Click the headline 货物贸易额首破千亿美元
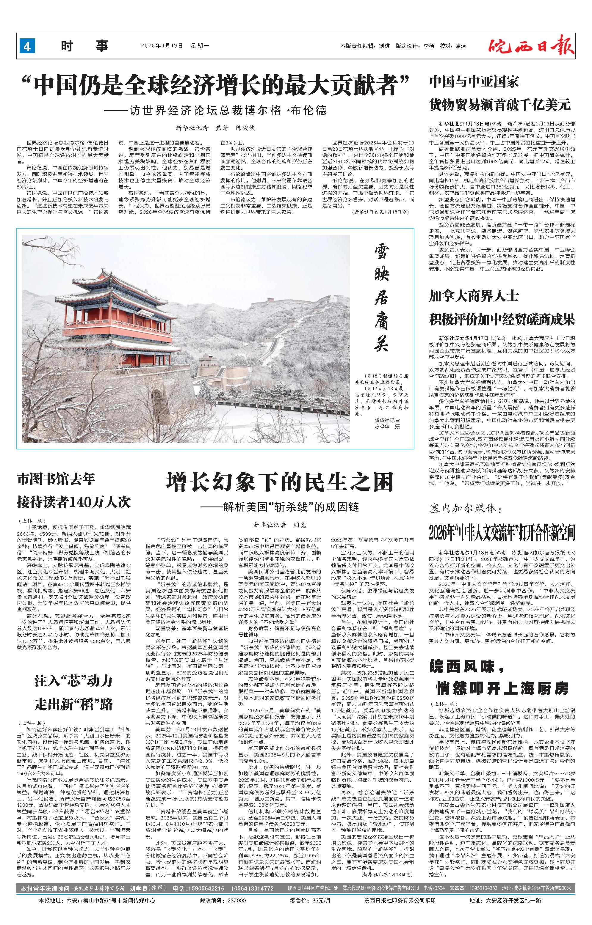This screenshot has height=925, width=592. point(500,105)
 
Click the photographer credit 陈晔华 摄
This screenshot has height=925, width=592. point(387,427)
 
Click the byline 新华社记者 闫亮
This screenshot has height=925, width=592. point(279,525)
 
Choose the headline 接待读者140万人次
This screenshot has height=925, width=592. point(74,502)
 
